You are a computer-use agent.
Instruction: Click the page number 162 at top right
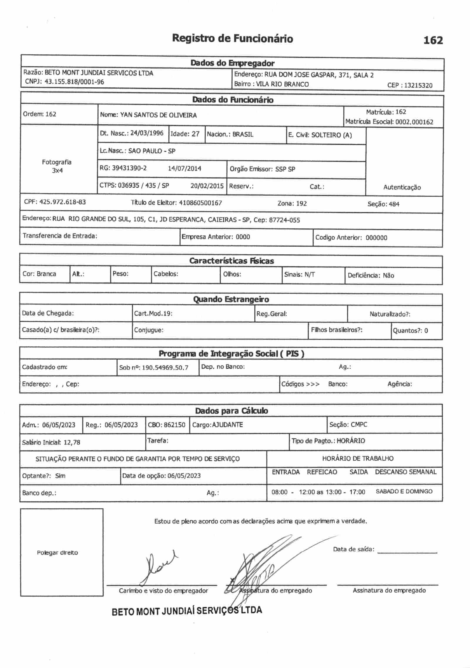[433, 40]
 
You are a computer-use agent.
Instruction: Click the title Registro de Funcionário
[232, 39]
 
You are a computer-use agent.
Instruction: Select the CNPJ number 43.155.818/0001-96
[74, 82]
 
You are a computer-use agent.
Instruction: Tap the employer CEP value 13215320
[418, 86]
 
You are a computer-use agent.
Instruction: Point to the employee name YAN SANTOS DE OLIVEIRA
[158, 115]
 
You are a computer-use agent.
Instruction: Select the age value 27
[195, 134]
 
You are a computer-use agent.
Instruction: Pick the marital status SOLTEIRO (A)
[331, 135]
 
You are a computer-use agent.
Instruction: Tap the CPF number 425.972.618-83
[62, 202]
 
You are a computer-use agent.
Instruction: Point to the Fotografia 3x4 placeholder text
[57, 166]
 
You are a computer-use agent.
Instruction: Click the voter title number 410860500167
[200, 203]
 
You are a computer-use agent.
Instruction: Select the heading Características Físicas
[231, 261]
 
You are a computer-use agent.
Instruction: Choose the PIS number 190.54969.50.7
[165, 368]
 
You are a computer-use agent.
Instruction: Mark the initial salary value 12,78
[72, 442]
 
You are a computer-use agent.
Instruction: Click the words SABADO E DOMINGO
[404, 491]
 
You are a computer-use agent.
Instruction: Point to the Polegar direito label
[57, 553]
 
